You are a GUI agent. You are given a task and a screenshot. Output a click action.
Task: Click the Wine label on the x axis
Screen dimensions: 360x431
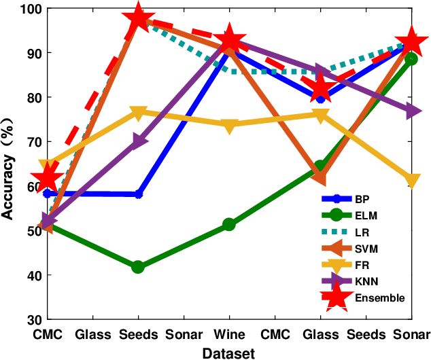[x=229, y=334]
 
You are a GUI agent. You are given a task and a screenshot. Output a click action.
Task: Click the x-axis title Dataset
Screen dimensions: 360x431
[x=228, y=353]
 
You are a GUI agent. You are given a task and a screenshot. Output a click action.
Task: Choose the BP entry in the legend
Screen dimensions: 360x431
[x=362, y=200]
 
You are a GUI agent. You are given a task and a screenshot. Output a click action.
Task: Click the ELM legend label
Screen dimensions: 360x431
[x=365, y=216]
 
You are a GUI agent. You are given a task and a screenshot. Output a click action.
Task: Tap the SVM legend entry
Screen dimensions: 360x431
[x=366, y=249]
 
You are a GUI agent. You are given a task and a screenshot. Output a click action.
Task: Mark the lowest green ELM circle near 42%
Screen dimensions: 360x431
[x=138, y=267]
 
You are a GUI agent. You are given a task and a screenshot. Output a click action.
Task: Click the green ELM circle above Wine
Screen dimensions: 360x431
[x=229, y=224]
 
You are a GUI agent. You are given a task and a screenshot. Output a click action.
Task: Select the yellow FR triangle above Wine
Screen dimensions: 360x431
[x=229, y=125]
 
